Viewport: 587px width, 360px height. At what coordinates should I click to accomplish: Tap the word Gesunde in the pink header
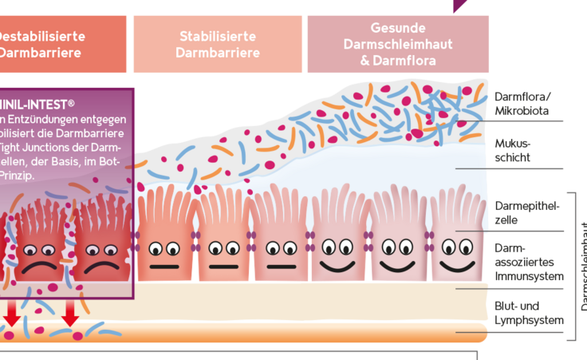tap(398, 27)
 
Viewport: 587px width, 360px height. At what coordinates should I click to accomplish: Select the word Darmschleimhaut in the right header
tap(397, 43)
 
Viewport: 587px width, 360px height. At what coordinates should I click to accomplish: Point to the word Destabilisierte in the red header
tap(31, 36)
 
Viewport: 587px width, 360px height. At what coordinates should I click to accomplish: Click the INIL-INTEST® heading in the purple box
tap(37, 104)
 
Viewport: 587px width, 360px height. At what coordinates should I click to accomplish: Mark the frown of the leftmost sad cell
tap(37, 266)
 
